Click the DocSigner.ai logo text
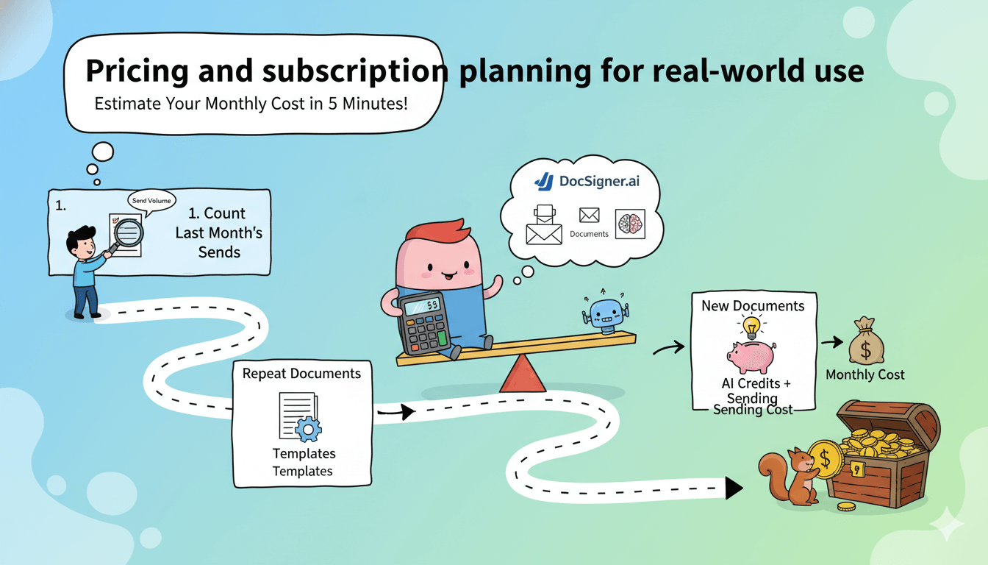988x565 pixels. coord(599,181)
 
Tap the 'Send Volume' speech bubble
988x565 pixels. coord(151,201)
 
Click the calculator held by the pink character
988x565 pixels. coord(424,323)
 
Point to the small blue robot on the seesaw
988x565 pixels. coord(606,314)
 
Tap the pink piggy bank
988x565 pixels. coord(751,357)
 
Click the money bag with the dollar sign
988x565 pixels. coord(866,340)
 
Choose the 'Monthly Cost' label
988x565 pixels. coord(865,374)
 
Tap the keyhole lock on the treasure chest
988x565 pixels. coord(856,469)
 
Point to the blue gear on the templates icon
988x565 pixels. coord(308,430)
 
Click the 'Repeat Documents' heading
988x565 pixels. coord(301,374)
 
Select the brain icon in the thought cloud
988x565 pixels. coord(630,224)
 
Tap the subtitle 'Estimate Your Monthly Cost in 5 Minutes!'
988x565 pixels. coord(251,104)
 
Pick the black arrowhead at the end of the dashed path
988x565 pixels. coord(734,488)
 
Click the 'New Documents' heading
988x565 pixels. coord(753,306)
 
